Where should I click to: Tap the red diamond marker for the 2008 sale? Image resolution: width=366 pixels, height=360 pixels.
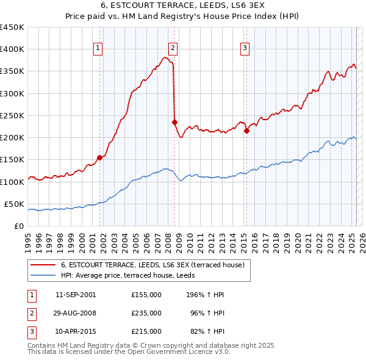coord(174,122)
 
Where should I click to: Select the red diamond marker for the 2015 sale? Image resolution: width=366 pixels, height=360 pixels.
coord(246,131)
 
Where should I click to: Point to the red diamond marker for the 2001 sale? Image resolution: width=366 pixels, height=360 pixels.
coord(99,157)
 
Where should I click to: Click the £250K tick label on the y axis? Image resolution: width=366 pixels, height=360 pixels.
coord(12,115)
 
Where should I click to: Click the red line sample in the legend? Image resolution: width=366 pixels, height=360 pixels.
coord(43,265)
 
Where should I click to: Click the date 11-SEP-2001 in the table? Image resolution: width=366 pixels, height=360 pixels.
coord(76,295)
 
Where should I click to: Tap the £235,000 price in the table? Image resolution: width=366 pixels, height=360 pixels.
coord(146,313)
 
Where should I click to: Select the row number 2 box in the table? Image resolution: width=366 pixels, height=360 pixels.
coord(30,313)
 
